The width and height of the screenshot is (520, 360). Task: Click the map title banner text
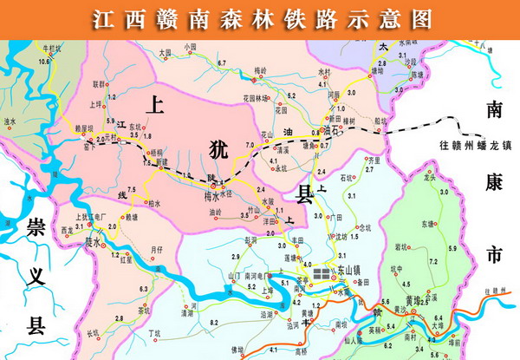coord(260,17)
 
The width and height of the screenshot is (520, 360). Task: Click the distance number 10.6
coord(44,62)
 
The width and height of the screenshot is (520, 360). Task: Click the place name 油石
coord(328,131)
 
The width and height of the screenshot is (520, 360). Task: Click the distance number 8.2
coord(213,322)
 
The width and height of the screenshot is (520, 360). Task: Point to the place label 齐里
coord(374,160)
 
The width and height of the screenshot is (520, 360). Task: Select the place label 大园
coord(166,54)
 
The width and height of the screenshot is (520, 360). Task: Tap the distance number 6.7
coord(222,63)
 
